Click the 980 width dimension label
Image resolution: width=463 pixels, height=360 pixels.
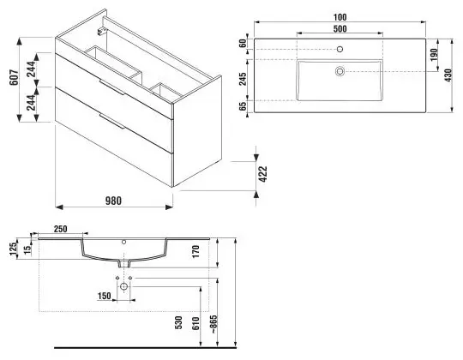tap(113, 201)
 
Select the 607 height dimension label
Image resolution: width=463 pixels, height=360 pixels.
tap(15, 78)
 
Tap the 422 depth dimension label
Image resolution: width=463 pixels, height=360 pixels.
tap(262, 174)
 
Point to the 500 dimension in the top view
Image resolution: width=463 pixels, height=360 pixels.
tap(340, 29)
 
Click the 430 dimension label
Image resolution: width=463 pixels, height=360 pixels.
tap(448, 75)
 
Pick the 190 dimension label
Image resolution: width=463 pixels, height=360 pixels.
tap(434, 55)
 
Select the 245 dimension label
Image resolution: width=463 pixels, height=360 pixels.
tap(243, 79)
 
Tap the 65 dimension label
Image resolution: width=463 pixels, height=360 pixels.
tap(243, 106)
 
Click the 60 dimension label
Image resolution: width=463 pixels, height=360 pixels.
tap(243, 44)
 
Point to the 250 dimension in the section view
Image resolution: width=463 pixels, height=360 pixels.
tap(61, 229)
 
